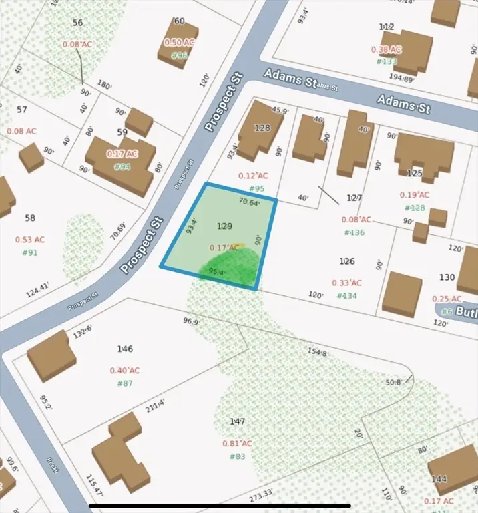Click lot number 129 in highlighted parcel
(225, 227)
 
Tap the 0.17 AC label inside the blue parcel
(224, 248)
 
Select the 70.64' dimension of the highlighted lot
(248, 201)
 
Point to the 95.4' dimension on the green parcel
(217, 272)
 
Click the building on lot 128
(258, 129)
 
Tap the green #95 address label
(256, 189)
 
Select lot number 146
(125, 349)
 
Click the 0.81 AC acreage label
(238, 443)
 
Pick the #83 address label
(238, 456)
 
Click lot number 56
(78, 23)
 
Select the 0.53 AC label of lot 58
(30, 240)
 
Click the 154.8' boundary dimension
(318, 352)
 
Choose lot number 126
(347, 261)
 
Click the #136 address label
(354, 232)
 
